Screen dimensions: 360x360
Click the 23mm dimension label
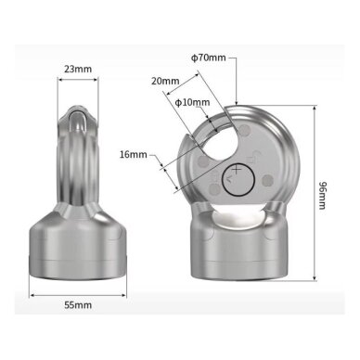click(x=78, y=69)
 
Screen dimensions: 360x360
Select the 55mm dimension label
click(x=78, y=305)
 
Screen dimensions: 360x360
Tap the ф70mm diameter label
click(x=209, y=58)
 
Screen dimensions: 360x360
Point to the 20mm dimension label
click(x=165, y=81)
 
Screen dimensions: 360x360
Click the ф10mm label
click(x=192, y=102)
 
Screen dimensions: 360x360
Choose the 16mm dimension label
click(x=134, y=154)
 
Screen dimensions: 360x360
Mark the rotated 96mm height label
click(x=323, y=195)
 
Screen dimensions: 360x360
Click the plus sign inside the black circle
click(x=237, y=169)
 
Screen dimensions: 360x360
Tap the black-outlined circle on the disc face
click(x=238, y=179)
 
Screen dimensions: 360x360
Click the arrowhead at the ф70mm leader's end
click(x=237, y=103)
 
